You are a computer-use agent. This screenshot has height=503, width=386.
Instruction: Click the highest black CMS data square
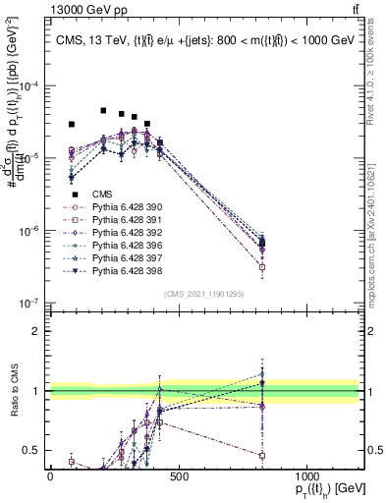(x=103, y=110)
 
